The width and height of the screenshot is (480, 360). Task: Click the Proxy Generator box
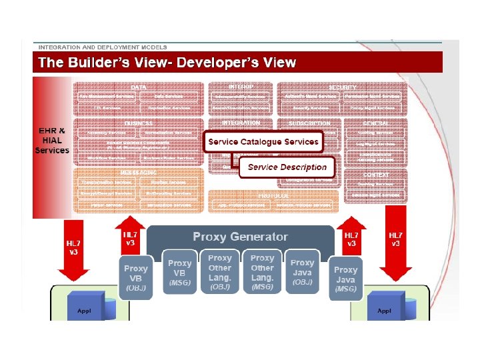click(240, 237)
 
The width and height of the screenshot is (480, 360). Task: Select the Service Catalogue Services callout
click(263, 142)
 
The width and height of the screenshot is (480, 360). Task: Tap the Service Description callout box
click(287, 167)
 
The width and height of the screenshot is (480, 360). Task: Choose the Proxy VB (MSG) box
click(179, 273)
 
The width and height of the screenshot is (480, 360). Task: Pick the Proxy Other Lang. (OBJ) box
click(220, 272)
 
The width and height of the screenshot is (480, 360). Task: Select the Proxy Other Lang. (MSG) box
click(262, 272)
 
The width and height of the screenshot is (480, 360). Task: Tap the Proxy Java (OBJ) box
click(302, 273)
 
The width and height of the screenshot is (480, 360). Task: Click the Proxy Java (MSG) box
click(345, 279)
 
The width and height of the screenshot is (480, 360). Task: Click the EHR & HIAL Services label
click(52, 140)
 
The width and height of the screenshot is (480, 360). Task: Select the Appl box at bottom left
click(85, 311)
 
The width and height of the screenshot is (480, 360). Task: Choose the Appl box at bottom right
click(384, 311)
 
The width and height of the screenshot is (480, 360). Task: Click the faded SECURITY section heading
click(342, 87)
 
